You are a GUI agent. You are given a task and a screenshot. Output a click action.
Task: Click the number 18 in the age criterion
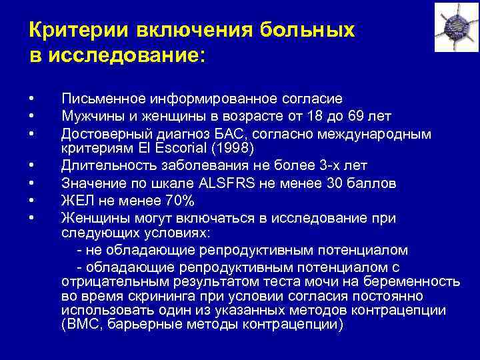[321, 116]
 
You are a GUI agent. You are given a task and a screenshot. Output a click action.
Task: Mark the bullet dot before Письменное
[32, 99]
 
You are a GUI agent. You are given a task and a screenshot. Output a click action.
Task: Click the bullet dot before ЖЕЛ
[32, 199]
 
